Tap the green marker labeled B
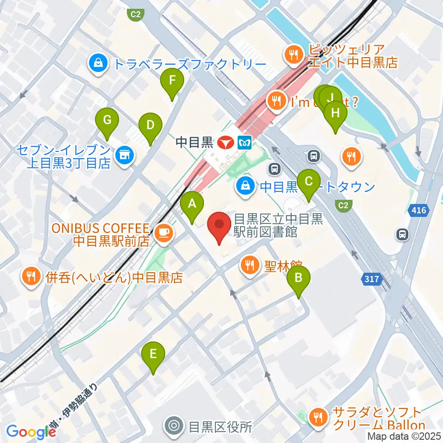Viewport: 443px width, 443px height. pos(299,278)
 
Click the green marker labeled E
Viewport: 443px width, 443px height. pos(154,354)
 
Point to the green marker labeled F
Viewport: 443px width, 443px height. pos(172,82)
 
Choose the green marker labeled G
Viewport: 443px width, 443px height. pos(107,121)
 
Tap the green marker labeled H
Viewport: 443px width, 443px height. pos(335,113)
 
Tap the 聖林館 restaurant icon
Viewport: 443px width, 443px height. pos(250,265)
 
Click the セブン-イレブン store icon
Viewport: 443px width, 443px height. pos(124,156)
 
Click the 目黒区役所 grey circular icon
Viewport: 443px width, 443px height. pos(175,425)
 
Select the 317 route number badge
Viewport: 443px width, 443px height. pos(369,278)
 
